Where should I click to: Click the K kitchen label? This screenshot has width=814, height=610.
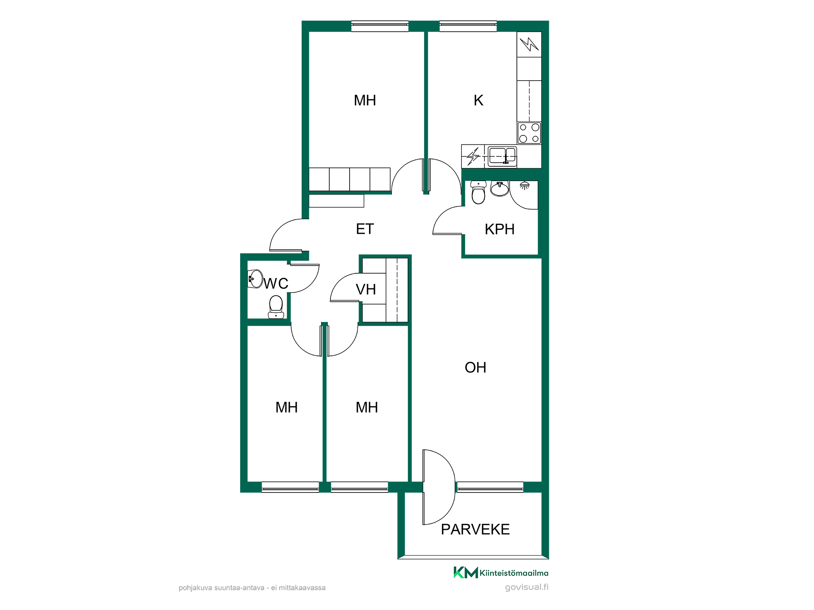[478, 100]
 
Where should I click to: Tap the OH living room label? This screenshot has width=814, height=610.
[475, 368]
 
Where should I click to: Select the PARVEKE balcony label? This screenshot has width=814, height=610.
[475, 529]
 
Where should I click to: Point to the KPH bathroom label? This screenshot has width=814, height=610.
[499, 229]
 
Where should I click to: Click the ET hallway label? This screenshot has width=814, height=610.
[365, 229]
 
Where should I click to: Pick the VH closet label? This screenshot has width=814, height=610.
[366, 290]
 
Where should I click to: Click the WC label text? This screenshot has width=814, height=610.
[276, 283]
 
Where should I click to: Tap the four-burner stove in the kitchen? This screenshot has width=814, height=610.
[529, 133]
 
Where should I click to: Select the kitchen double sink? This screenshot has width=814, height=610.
[502, 156]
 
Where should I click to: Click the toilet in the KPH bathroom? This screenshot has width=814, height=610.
[478, 192]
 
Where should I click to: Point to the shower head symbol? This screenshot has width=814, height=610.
[525, 186]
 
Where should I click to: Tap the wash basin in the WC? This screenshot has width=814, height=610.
[255, 279]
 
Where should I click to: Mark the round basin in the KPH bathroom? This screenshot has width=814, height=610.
[500, 189]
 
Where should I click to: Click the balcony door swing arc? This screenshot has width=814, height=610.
[455, 487]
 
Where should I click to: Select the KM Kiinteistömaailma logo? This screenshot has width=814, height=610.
[501, 573]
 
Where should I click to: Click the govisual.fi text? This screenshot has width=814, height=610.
[527, 587]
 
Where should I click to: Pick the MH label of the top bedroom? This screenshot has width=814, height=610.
[365, 100]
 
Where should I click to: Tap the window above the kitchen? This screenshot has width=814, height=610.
[468, 26]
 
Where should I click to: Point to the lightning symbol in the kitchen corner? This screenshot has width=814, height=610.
[529, 44]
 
